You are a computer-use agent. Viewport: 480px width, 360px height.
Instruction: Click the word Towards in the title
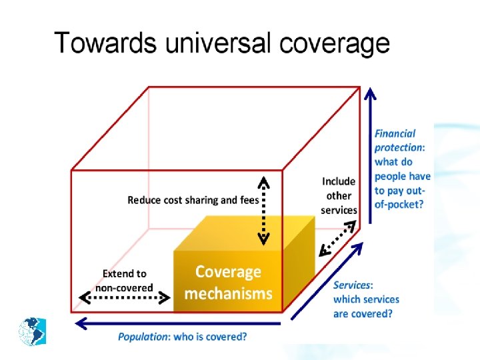tap(105, 43)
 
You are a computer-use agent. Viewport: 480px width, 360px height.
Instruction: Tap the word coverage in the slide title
tap(335, 43)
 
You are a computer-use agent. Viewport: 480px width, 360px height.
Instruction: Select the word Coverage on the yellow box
tap(228, 272)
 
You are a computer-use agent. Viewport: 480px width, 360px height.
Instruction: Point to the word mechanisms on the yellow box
tap(228, 293)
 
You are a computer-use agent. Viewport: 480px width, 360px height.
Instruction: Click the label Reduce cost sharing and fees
tap(193, 199)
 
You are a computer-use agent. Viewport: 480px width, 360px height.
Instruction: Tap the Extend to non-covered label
tap(124, 281)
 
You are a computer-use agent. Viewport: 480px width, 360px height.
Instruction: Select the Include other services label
tap(339, 195)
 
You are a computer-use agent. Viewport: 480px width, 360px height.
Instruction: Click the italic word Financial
tap(395, 134)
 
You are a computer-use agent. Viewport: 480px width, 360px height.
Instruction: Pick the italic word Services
tap(353, 285)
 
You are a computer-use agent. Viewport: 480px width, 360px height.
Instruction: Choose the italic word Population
tap(143, 337)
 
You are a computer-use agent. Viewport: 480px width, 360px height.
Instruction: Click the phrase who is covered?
tap(210, 337)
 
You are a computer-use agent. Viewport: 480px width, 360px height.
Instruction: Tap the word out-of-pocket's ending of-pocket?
tap(399, 205)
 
